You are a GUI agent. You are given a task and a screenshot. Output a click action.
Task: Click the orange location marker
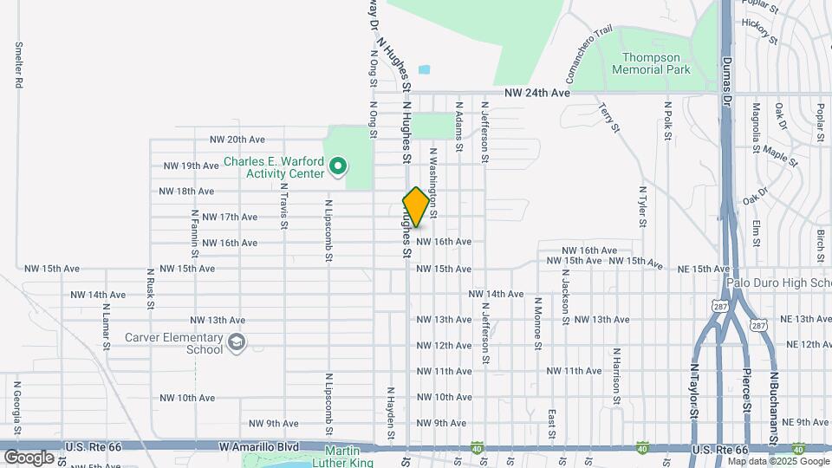[416, 207]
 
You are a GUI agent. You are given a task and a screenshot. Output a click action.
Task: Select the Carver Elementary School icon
[236, 344]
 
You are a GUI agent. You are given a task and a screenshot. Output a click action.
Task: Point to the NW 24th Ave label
[537, 93]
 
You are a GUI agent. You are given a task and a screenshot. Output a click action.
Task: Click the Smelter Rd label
[17, 64]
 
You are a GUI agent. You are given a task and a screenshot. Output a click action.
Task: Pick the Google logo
[29, 457]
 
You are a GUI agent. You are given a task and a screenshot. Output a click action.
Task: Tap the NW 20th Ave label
[237, 140]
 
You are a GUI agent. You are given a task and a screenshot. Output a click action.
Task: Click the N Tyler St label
[642, 206]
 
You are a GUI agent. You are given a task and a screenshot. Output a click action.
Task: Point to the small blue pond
[424, 69]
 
